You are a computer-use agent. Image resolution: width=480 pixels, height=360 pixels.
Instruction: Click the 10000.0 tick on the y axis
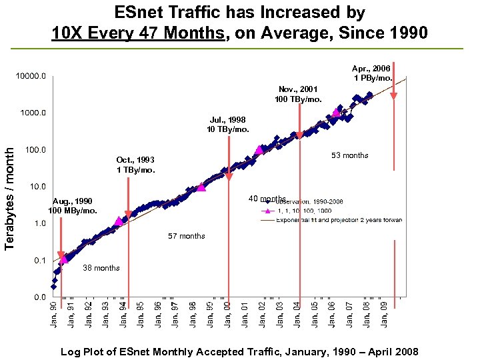pos(31,76)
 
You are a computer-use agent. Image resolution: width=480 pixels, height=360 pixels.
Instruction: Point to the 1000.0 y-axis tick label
pos(33,113)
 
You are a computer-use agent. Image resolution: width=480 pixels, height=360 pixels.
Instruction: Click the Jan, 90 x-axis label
pos(54,314)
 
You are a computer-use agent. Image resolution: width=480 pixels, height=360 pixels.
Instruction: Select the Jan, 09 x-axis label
pos(385,314)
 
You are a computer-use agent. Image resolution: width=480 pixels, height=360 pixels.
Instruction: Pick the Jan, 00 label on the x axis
pos(228,314)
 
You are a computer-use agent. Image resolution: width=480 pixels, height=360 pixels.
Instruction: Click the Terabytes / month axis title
pos(9,189)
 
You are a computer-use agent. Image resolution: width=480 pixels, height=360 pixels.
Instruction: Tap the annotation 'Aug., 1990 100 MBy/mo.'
pos(73,205)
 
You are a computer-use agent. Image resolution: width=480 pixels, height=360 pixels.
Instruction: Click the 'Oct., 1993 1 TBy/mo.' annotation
pos(135,165)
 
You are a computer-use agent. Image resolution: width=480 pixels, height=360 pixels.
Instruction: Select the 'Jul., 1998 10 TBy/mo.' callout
pos(229,124)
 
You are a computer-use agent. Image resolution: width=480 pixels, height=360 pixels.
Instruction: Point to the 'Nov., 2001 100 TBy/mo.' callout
pos(298,94)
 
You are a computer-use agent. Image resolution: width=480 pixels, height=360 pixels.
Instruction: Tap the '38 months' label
pos(101,268)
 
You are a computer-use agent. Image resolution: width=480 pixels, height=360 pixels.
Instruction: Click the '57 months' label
pos(187,236)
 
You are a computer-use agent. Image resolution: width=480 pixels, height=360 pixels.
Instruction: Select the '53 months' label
pos(350,155)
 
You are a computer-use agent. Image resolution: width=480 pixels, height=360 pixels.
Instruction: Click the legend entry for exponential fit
pos(339,220)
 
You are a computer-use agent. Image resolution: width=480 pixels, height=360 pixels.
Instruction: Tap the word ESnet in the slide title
pos(137,12)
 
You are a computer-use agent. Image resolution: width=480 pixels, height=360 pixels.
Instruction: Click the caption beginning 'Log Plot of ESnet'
pos(239,351)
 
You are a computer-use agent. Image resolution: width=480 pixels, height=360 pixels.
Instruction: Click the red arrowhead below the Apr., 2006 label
pos(394,95)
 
